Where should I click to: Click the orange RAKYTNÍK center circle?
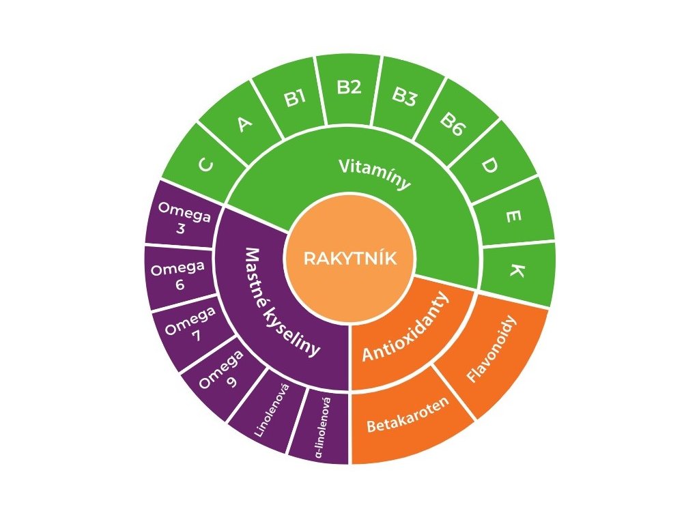[x=349, y=259]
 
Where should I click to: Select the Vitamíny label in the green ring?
[x=375, y=173]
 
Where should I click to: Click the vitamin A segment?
[x=244, y=124]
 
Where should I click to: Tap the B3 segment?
[x=403, y=98]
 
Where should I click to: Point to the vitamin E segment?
[x=513, y=216]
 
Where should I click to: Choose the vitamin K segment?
[x=517, y=272]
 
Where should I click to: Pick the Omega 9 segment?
[x=223, y=373]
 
